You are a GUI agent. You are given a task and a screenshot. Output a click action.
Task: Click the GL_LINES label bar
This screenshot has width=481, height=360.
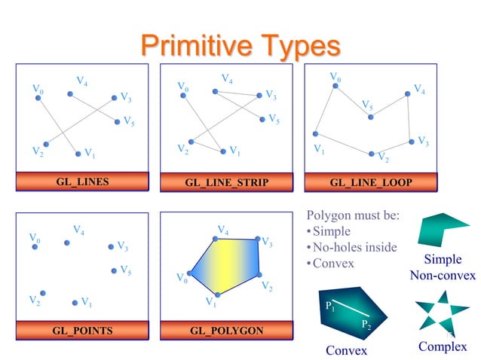(82, 182)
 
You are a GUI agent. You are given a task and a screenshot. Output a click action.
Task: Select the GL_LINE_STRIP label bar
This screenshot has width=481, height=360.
(226, 182)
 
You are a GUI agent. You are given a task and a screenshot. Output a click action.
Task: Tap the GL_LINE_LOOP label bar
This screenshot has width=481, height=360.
(371, 182)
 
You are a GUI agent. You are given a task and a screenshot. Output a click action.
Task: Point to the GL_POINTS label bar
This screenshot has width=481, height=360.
(82, 331)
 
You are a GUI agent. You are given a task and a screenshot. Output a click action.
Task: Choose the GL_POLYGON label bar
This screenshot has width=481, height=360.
(226, 331)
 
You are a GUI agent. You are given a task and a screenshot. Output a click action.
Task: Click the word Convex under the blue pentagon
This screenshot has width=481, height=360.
(346, 351)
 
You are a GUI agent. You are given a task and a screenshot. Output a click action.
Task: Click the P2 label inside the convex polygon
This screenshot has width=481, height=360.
(365, 325)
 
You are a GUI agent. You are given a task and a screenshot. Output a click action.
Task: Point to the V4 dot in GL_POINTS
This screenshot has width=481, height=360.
(67, 243)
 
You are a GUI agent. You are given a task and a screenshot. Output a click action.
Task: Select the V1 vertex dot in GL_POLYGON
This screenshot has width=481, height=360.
(217, 294)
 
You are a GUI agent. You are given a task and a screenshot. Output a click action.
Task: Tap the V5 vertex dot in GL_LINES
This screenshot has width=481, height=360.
(117, 121)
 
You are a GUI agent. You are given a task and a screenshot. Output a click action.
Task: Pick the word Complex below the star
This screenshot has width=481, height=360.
(443, 346)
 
